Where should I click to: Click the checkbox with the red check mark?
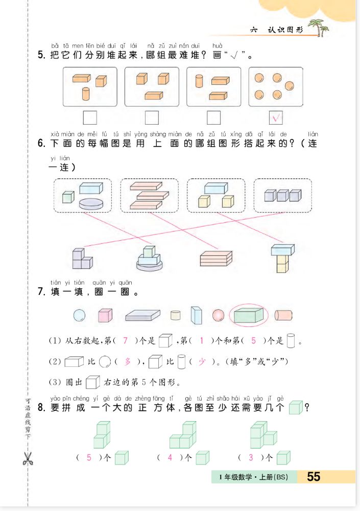coord(276,118)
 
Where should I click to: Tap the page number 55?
coord(314,476)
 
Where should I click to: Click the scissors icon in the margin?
coord(28,458)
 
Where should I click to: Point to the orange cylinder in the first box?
coord(86,94)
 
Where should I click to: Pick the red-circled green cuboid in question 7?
coord(249,315)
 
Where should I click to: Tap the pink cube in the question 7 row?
coord(105,315)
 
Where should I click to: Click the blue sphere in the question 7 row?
coord(80,315)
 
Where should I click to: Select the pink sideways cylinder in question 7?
coord(283,315)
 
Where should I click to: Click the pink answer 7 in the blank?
coord(125,340)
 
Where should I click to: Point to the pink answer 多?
coord(127,361)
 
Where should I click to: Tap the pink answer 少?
coord(202,361)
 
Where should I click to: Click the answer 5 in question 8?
coord(89,457)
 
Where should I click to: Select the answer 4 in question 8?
coord(170,457)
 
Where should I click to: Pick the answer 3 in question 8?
coord(251,457)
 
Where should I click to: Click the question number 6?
coord(41,143)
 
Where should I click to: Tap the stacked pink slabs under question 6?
coord(216,259)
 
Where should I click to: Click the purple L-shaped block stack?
coord(82,259)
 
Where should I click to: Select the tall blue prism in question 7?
coord(197,315)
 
